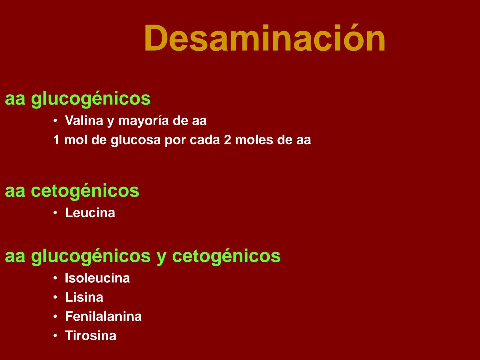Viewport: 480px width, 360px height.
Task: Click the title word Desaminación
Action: point(265,38)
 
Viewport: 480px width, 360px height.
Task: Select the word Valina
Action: point(84,121)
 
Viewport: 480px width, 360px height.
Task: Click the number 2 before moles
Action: point(227,140)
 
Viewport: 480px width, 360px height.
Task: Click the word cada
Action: point(205,140)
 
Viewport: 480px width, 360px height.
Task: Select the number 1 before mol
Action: point(56,140)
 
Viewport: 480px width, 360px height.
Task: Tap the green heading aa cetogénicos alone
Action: point(72,191)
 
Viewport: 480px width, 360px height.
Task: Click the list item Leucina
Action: point(90,213)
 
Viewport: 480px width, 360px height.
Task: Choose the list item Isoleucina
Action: point(97,278)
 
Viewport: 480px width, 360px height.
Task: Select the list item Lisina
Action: point(84,297)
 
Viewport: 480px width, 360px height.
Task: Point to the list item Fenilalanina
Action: point(103,316)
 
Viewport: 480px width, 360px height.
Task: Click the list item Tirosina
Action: point(91,336)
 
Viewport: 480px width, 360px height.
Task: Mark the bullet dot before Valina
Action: point(55,121)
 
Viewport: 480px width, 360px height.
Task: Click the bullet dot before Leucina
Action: point(55,213)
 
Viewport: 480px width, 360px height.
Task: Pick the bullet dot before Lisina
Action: point(55,298)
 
